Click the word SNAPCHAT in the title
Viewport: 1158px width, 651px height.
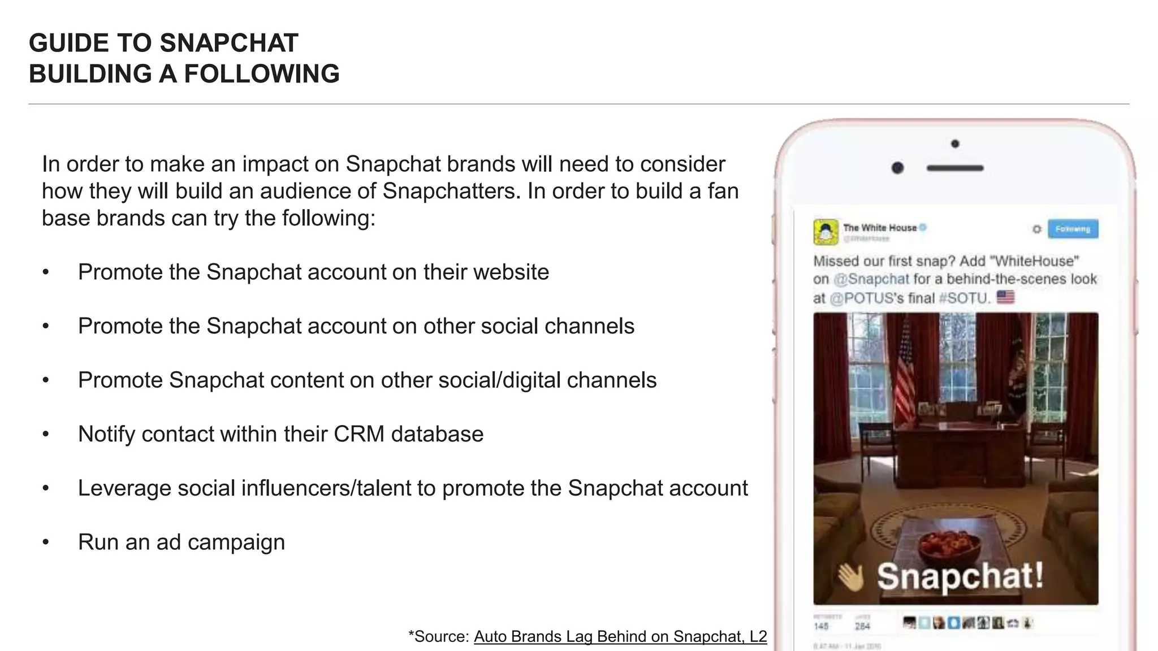pos(228,44)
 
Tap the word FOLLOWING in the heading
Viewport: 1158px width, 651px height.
pos(262,74)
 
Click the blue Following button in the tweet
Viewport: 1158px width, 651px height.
pos(1073,229)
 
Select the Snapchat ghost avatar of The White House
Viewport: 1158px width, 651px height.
pos(826,232)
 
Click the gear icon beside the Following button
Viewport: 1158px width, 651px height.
pos(1036,229)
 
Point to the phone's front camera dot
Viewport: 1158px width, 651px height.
pos(897,168)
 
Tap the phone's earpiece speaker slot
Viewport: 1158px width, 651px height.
pos(955,168)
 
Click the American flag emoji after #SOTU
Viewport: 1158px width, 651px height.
pos(1005,297)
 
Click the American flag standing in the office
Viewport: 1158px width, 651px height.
pos(905,373)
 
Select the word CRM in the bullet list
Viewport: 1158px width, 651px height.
pos(359,434)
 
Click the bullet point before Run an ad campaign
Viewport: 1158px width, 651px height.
pos(46,542)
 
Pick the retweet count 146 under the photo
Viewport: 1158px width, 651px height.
pos(821,626)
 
